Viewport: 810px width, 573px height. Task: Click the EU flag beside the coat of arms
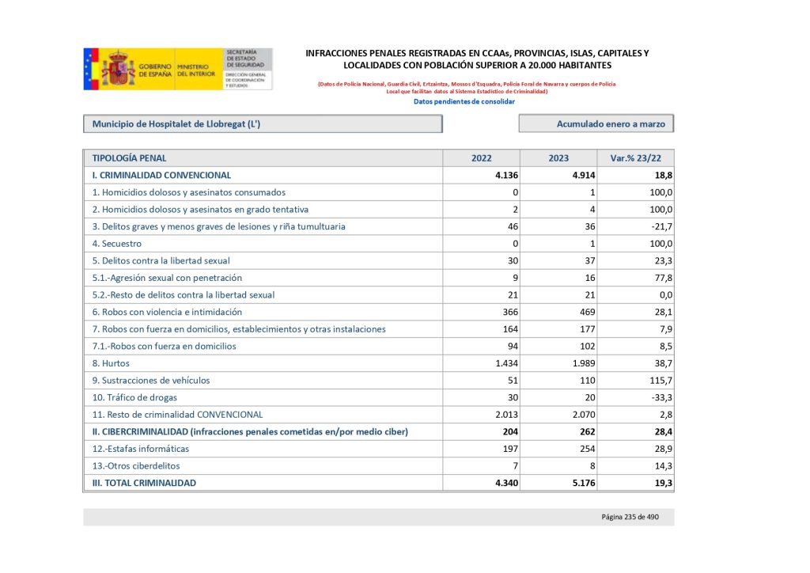pyautogui.click(x=91, y=69)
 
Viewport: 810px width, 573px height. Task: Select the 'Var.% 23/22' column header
pyautogui.click(x=636, y=157)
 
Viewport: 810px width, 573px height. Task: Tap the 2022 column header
pyautogui.click(x=481, y=157)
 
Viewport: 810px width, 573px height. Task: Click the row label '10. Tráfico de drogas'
pyautogui.click(x=134, y=397)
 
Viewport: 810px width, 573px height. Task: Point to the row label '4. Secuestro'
pyautogui.click(x=117, y=244)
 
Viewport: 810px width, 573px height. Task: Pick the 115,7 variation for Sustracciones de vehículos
pyautogui.click(x=658, y=380)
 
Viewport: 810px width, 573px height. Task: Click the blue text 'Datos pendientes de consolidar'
pyautogui.click(x=464, y=101)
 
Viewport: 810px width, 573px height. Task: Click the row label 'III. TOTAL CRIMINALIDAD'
pyautogui.click(x=144, y=483)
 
